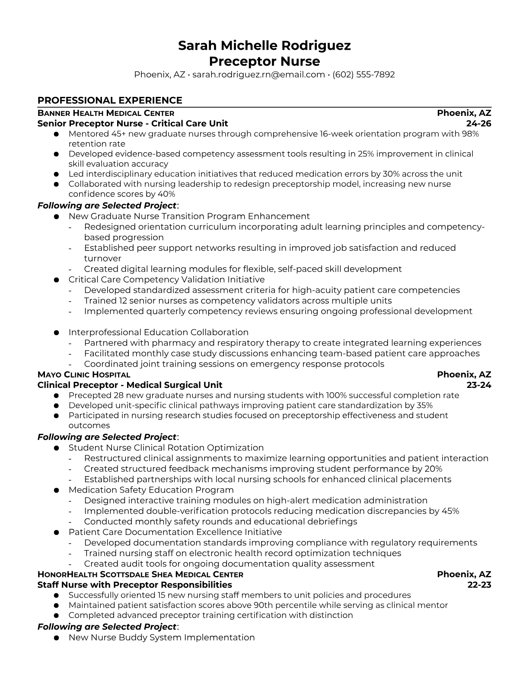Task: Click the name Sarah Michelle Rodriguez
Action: (x=264, y=45)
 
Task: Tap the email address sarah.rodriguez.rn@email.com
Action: (x=258, y=74)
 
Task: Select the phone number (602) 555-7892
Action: (x=363, y=74)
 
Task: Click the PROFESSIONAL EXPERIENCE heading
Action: (x=110, y=100)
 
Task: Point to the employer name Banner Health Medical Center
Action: (x=106, y=113)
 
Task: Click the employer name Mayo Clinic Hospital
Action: (x=84, y=375)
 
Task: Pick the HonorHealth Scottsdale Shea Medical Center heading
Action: (x=140, y=574)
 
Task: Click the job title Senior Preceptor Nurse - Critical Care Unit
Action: (x=133, y=123)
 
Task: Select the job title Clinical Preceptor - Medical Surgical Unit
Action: (x=130, y=385)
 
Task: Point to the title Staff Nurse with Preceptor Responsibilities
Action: (x=135, y=585)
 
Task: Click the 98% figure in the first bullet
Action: (x=470, y=134)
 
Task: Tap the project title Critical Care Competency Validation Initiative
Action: (x=166, y=279)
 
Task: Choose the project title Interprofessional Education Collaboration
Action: (x=159, y=332)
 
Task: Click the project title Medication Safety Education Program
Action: (x=151, y=490)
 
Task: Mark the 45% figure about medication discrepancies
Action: (x=450, y=511)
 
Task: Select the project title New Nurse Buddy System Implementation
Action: (x=162, y=637)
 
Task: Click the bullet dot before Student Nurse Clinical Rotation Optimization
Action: (x=56, y=448)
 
